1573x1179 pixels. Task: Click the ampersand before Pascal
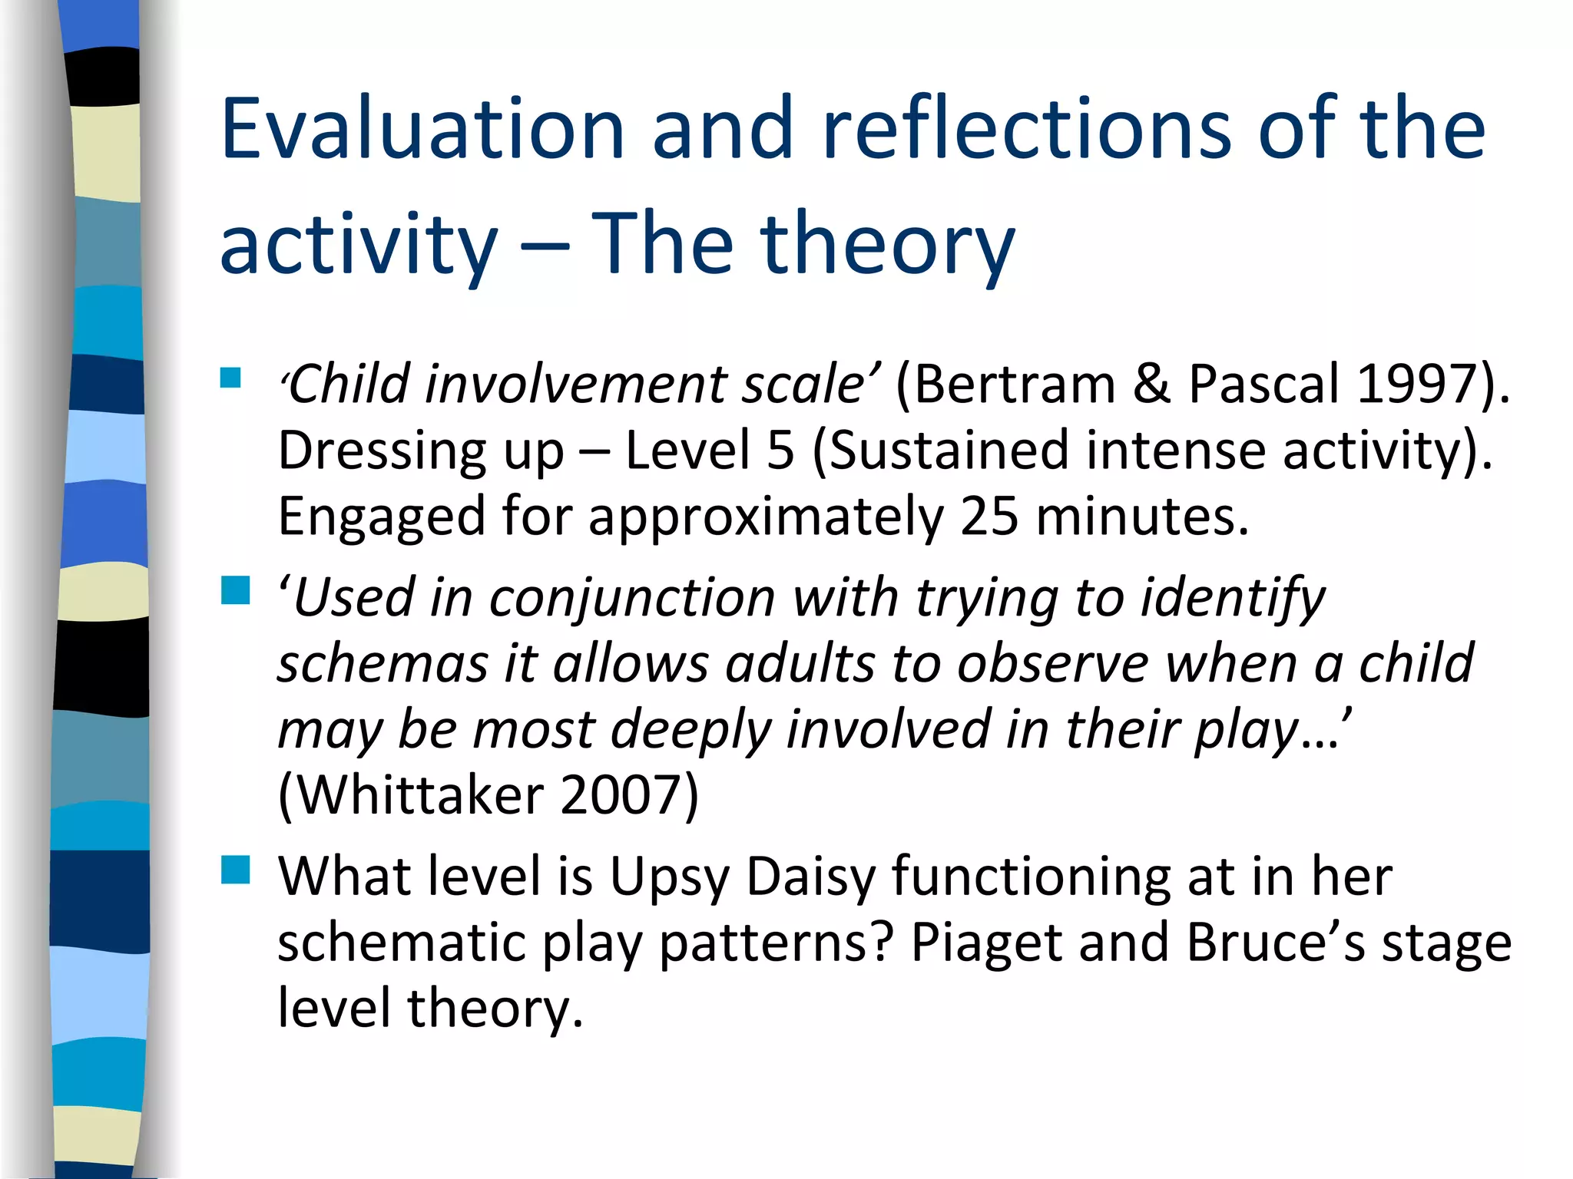pyautogui.click(x=1151, y=384)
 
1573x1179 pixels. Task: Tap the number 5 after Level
pyautogui.click(x=780, y=450)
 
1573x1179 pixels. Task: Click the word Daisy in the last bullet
pyautogui.click(x=810, y=877)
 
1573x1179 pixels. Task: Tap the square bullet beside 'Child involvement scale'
pyautogui.click(x=230, y=378)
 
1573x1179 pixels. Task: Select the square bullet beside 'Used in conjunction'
pyautogui.click(x=235, y=592)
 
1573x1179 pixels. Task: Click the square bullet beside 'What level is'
pyautogui.click(x=235, y=871)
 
